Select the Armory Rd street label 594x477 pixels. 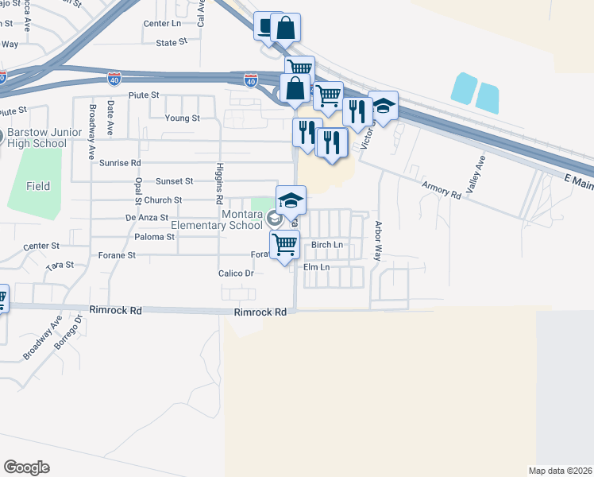441,188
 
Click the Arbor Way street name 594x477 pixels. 378,242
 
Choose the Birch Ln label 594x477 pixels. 327,245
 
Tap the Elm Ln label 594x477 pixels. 316,267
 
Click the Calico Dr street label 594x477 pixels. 235,273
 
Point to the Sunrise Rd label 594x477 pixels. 121,162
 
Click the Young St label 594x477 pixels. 182,118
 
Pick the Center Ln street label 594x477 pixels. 163,24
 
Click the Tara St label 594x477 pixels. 60,265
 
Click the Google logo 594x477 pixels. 26,467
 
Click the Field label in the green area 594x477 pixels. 37,186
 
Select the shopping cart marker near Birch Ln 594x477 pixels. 284,244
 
